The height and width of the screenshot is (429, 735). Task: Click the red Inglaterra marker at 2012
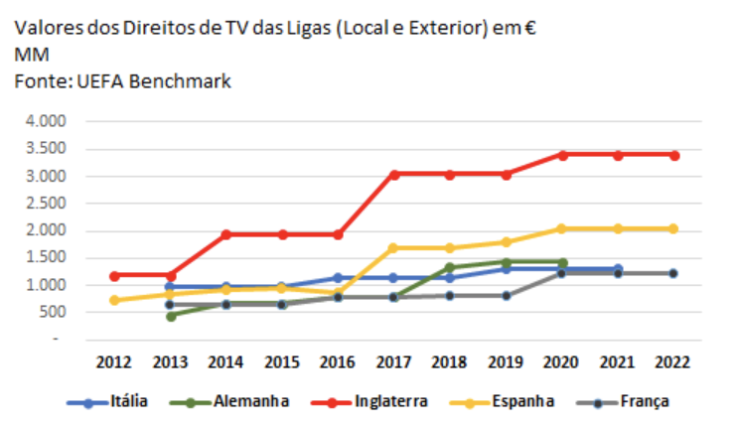pyautogui.click(x=114, y=275)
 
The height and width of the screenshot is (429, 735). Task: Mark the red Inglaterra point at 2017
pyautogui.click(x=394, y=174)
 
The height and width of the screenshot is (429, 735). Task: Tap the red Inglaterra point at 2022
pyautogui.click(x=674, y=155)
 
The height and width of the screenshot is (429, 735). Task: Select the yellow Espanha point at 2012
pyautogui.click(x=114, y=300)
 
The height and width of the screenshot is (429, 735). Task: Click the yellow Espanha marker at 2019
pyautogui.click(x=507, y=241)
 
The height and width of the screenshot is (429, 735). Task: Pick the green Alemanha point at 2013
pyautogui.click(x=171, y=316)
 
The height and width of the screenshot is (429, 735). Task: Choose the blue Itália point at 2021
pyautogui.click(x=619, y=268)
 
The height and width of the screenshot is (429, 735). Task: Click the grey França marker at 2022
pyautogui.click(x=674, y=272)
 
